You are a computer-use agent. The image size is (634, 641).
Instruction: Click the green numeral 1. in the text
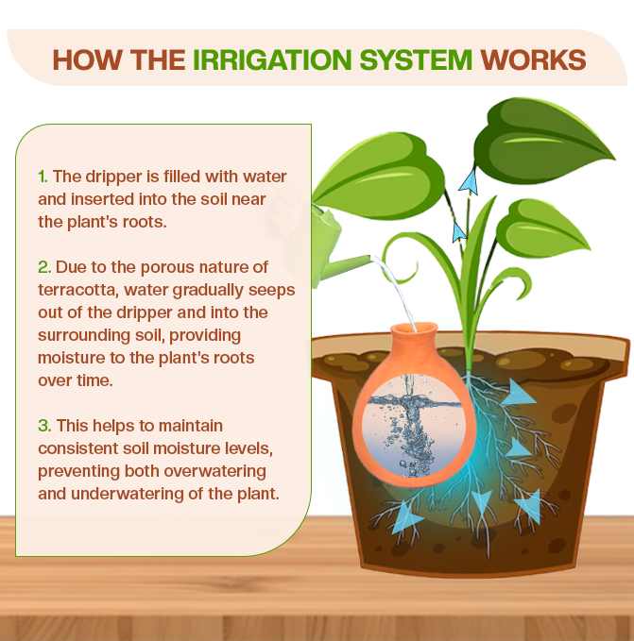coord(43,177)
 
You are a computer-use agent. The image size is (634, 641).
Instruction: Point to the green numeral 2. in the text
coord(43,268)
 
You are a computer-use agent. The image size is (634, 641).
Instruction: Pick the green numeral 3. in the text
coord(43,426)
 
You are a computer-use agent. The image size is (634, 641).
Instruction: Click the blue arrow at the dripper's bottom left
coord(407,516)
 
